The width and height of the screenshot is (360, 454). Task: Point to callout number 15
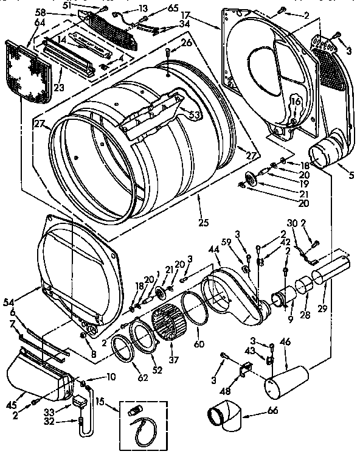[100, 403]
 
